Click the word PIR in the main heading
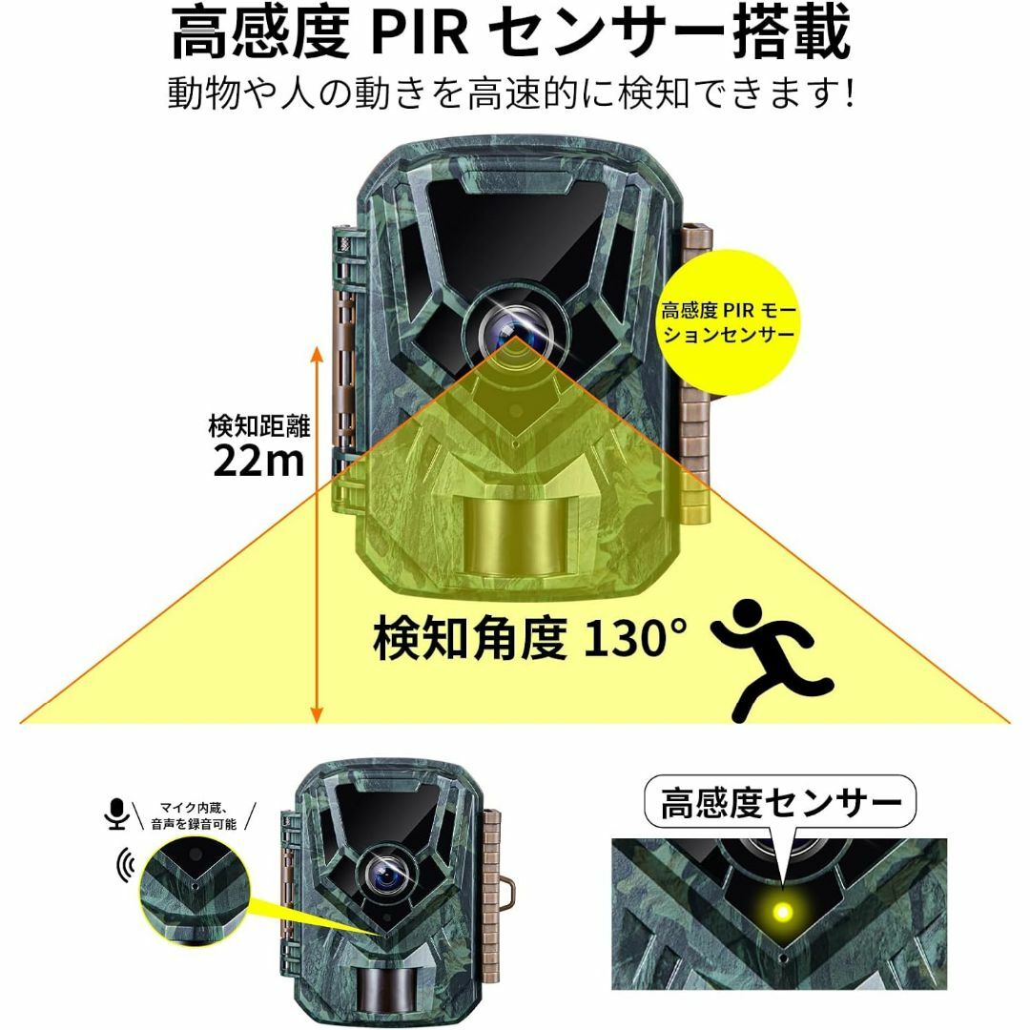coord(421,32)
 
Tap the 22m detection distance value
coord(259,461)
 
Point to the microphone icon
coord(116,814)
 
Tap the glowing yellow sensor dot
coord(782,913)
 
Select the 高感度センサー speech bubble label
coord(780,803)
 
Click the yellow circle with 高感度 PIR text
coord(729,322)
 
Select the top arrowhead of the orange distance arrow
coord(317,355)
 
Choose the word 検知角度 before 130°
coord(469,638)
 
